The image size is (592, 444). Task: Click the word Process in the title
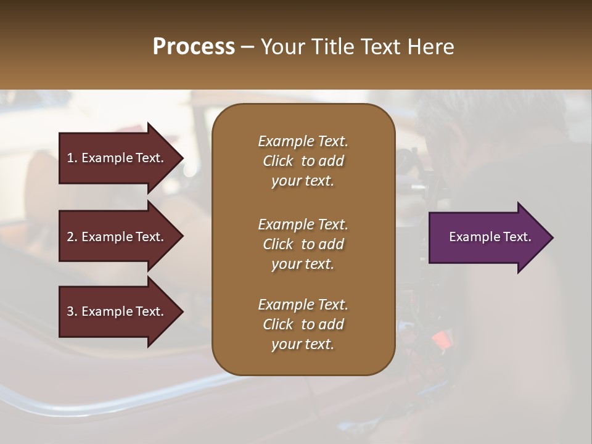194,47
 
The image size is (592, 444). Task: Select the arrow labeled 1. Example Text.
117,158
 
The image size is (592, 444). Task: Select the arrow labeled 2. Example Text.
117,237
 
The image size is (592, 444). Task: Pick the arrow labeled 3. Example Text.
117,311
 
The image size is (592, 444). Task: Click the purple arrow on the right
487,237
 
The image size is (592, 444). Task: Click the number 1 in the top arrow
70,158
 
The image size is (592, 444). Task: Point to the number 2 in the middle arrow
71,237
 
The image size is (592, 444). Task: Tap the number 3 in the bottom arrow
71,311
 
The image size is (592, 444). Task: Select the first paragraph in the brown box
303,161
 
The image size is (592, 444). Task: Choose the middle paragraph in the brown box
303,244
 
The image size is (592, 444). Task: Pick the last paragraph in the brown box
303,324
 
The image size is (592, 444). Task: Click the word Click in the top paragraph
278,161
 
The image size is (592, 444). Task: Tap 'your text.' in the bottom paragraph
303,344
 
